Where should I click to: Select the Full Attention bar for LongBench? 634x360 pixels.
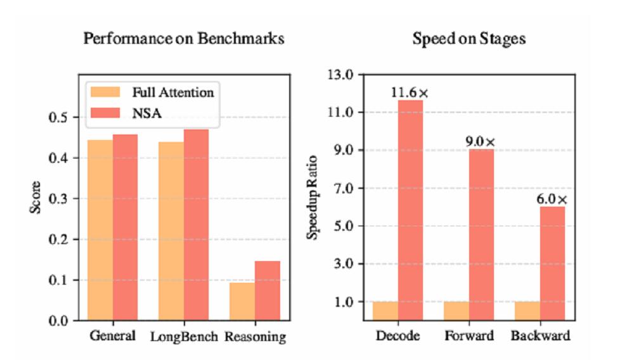171,231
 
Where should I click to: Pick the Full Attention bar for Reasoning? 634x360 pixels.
242,301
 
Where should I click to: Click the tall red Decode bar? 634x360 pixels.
410,209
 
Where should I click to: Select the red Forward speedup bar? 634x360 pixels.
481,235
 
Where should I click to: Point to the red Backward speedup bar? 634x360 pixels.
552,263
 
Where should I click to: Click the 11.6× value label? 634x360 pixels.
410,93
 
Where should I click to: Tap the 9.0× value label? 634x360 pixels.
481,141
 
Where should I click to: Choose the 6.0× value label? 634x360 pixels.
552,199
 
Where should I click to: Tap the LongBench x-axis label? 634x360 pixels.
183,336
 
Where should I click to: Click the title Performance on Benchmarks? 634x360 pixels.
183,39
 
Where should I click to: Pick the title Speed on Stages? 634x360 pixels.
469,39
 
